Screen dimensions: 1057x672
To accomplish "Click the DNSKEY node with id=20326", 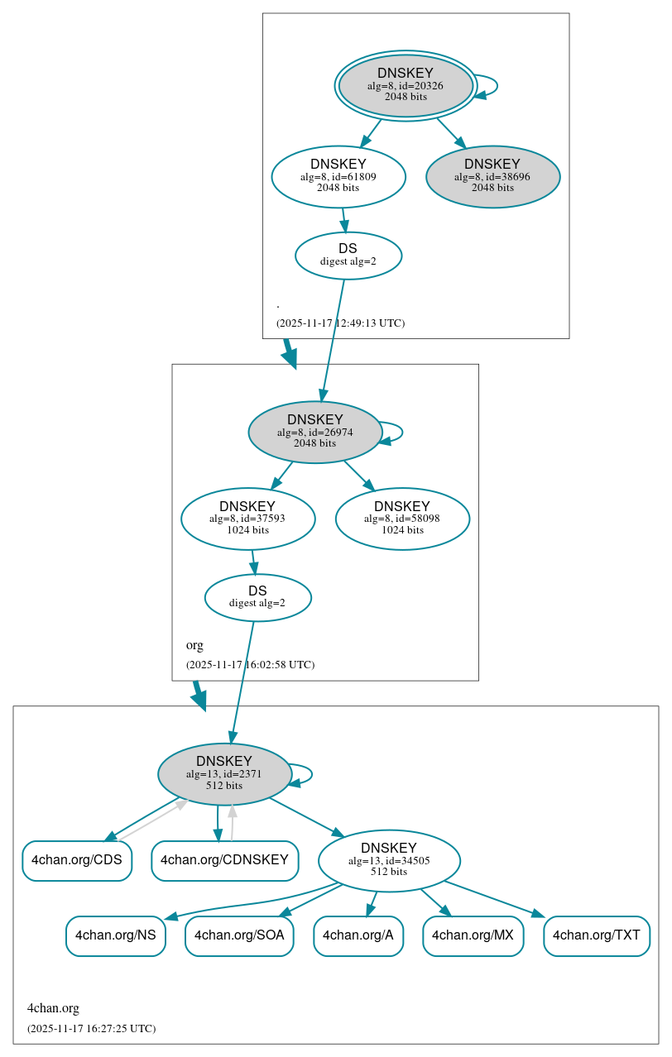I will [x=406, y=85].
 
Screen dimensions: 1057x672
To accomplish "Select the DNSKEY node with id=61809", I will [x=338, y=176].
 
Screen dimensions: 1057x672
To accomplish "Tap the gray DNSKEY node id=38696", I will [x=492, y=176].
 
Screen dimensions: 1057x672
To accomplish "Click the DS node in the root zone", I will [x=348, y=255].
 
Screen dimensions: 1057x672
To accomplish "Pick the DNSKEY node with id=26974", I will [x=314, y=432].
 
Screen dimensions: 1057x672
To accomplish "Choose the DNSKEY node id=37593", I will [x=247, y=519].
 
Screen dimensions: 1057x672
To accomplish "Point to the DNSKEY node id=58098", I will [x=402, y=519].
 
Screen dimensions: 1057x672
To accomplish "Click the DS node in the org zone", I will [x=257, y=597].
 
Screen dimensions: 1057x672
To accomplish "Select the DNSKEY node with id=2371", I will [x=224, y=773].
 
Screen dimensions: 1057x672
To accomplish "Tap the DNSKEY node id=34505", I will [x=389, y=860].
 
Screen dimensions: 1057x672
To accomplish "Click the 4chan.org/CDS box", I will [x=77, y=860].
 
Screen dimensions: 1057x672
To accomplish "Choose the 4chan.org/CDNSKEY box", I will [x=224, y=860].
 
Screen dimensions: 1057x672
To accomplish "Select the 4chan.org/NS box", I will [x=116, y=935].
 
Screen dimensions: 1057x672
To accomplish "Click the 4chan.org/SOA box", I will [x=239, y=935].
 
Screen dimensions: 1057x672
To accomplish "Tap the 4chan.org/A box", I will [x=358, y=935].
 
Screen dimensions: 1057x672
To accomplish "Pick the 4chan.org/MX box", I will [x=473, y=935].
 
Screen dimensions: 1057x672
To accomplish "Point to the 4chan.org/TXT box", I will [x=596, y=935].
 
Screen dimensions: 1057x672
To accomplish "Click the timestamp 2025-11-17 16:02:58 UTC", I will [x=250, y=664].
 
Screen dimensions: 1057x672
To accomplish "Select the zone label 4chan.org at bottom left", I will [x=53, y=1007].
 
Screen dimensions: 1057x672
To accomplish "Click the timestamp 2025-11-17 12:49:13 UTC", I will [x=340, y=323].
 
